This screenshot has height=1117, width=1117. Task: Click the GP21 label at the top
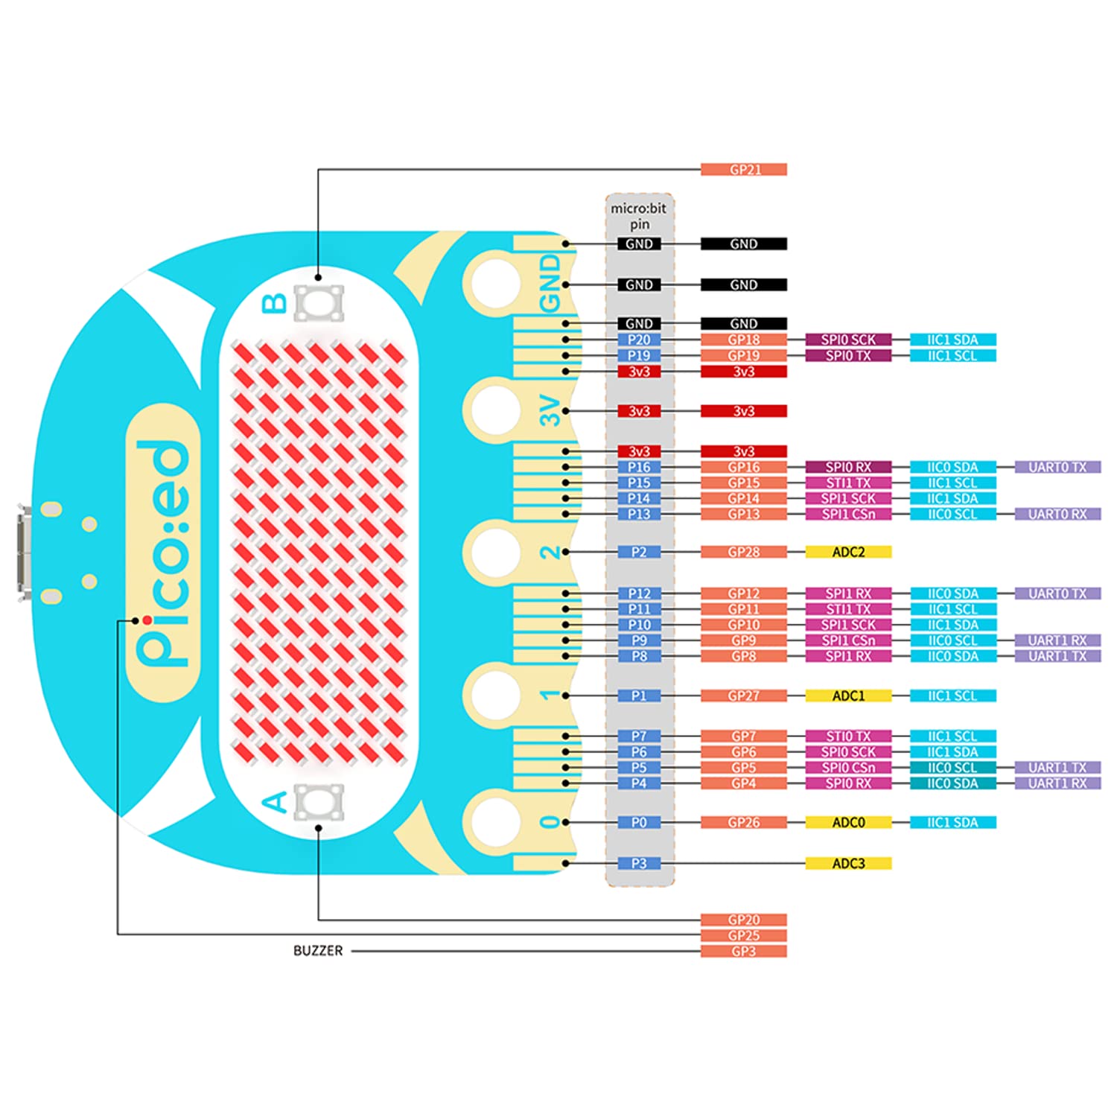(x=743, y=170)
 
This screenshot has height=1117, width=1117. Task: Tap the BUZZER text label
(x=318, y=951)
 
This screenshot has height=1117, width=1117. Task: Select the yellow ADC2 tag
(x=848, y=552)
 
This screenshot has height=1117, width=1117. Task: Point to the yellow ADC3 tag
(x=848, y=863)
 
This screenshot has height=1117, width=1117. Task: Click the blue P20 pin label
(x=639, y=340)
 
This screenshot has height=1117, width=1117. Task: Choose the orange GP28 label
(x=743, y=552)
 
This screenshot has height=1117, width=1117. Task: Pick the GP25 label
(x=743, y=935)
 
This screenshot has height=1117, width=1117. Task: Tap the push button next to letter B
(x=319, y=303)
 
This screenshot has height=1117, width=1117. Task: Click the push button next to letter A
(x=319, y=802)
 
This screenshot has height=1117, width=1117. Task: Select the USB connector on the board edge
(x=24, y=553)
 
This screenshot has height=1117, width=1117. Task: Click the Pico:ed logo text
(x=162, y=553)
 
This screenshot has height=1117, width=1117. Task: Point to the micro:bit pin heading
(x=639, y=216)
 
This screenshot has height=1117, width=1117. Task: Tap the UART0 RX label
(x=1057, y=514)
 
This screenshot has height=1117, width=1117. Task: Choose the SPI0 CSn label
(x=848, y=768)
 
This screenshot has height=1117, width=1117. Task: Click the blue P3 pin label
(x=639, y=863)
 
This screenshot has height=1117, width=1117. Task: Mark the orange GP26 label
(x=743, y=822)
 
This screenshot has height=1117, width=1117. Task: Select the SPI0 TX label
(x=848, y=355)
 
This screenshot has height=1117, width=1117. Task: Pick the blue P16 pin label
(x=639, y=467)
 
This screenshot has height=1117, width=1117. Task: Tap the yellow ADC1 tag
(x=848, y=696)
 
